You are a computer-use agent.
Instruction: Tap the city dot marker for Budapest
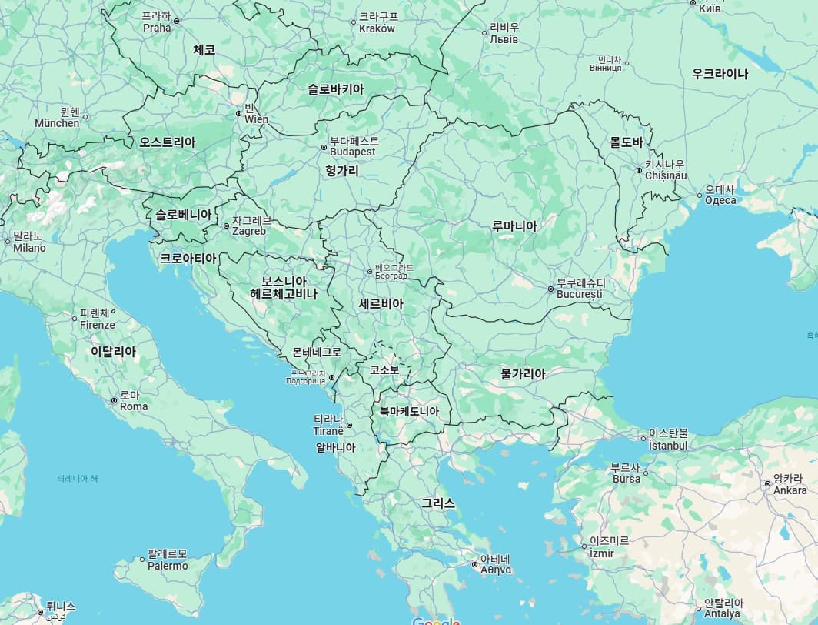(x=324, y=147)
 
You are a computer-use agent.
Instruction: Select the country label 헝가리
(x=341, y=170)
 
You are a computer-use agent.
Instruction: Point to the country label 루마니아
(x=514, y=226)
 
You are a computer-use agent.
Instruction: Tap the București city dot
(x=550, y=289)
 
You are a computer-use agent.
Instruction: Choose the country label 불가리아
(x=523, y=374)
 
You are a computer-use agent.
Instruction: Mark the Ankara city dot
(x=767, y=483)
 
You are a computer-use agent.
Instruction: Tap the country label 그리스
(x=437, y=503)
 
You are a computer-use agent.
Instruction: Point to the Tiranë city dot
(x=348, y=425)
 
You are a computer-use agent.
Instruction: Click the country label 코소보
(x=384, y=369)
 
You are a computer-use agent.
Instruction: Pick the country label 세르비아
(x=381, y=304)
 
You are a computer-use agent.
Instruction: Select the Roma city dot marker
(x=114, y=401)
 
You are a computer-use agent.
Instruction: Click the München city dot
(x=85, y=117)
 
